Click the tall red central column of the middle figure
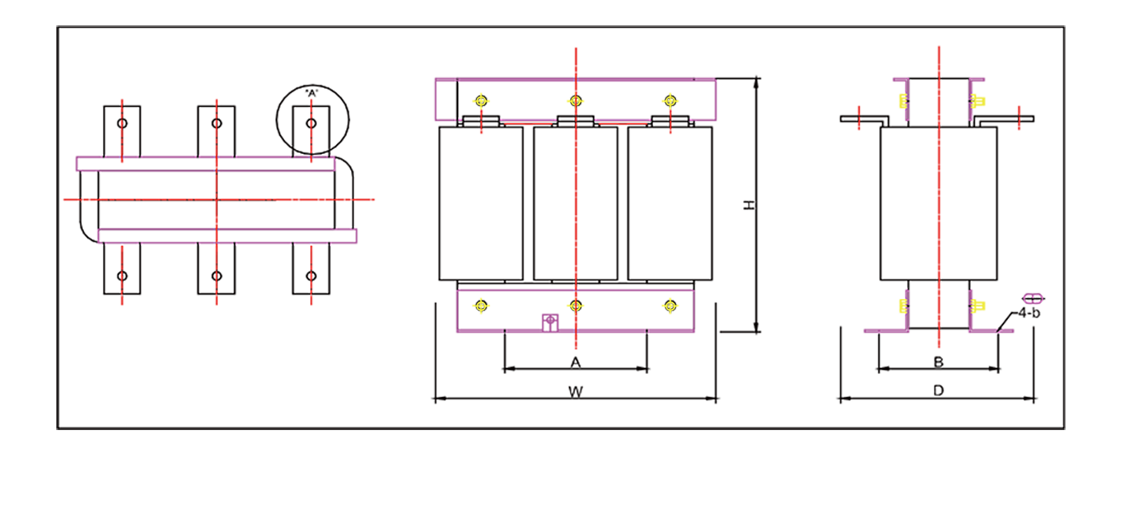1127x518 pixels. click(575, 205)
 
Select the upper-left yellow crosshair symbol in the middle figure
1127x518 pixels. click(481, 100)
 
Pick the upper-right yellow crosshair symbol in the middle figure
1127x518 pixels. click(669, 100)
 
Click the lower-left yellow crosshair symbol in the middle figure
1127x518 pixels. click(481, 307)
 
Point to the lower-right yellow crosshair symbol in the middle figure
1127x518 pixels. click(669, 307)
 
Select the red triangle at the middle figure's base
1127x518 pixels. click(575, 345)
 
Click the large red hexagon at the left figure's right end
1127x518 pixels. click(379, 200)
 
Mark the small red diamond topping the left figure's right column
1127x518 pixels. click(312, 101)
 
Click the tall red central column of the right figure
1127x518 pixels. click(938, 205)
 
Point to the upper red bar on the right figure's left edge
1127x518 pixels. click(859, 90)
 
